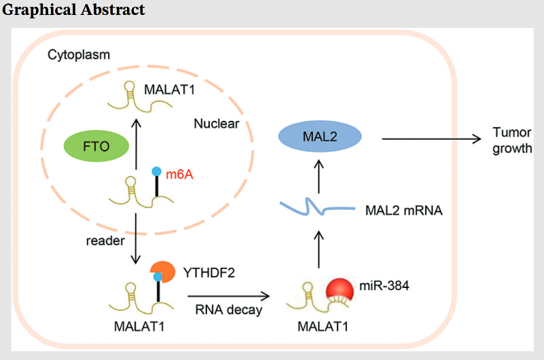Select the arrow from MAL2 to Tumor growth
431,139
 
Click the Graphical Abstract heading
73,10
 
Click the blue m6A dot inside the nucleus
157,170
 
